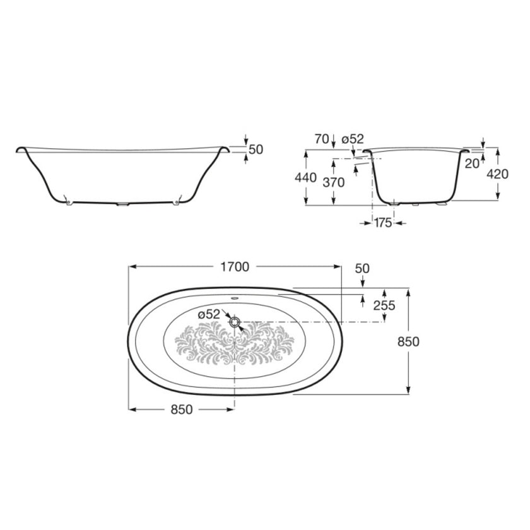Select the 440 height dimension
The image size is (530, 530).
[306, 178]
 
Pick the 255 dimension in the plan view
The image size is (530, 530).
[384, 306]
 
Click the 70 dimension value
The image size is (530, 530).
[321, 139]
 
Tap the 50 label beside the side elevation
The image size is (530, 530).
[256, 150]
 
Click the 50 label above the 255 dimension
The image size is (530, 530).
[362, 268]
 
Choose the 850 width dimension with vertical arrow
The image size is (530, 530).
[409, 341]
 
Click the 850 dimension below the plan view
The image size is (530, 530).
[181, 409]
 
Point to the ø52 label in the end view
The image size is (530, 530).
[353, 139]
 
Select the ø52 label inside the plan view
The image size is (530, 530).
[209, 314]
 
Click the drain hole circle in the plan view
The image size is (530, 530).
[235, 322]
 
